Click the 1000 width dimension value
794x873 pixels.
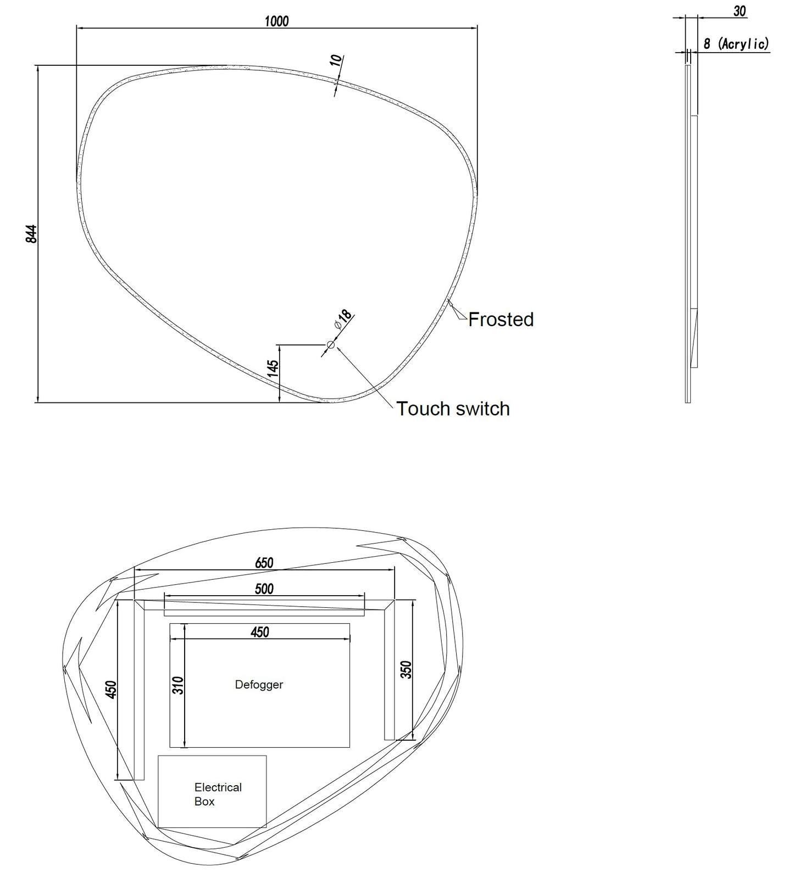276,21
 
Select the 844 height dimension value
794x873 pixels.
31,234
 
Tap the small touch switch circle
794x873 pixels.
331,345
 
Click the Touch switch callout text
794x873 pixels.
453,408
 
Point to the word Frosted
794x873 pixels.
501,320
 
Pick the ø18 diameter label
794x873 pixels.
343,320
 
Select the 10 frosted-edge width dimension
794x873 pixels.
336,60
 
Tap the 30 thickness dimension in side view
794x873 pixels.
740,11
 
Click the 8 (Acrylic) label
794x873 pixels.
736,44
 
